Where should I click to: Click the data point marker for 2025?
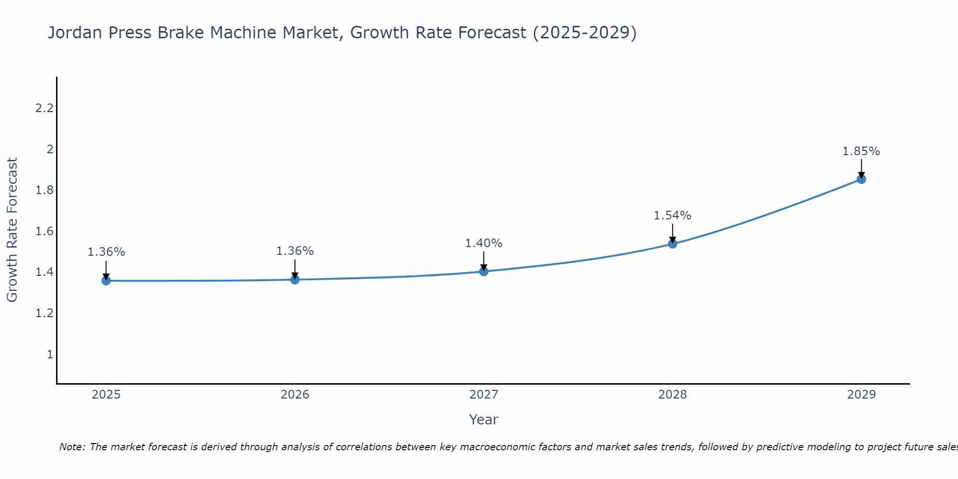(x=106, y=281)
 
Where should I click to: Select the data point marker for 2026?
(x=295, y=279)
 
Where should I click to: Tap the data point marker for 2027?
(x=484, y=272)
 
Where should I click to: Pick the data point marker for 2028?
(x=673, y=244)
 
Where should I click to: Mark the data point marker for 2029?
(x=861, y=179)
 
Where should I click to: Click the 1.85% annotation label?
(x=861, y=151)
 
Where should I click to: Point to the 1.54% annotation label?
(x=673, y=216)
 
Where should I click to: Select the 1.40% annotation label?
(x=484, y=243)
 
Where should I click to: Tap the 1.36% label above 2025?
(x=106, y=252)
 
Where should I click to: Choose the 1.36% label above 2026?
(x=295, y=251)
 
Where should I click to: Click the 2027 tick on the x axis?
(x=484, y=395)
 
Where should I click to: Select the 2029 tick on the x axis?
(x=861, y=395)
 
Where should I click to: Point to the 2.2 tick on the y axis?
(x=44, y=108)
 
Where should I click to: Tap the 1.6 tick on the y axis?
(x=44, y=231)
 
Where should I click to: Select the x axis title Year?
(x=484, y=420)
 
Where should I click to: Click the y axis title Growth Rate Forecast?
(x=12, y=230)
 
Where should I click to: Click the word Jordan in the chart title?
(x=75, y=33)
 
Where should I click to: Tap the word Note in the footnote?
(x=71, y=447)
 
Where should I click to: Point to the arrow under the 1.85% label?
(x=861, y=168)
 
